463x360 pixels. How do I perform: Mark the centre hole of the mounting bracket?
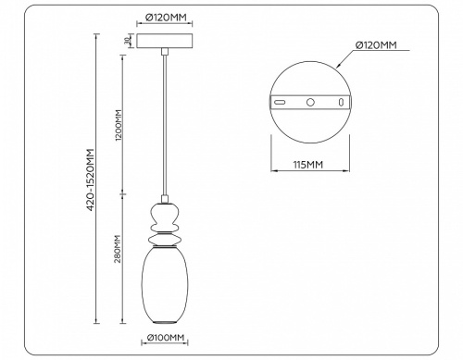pyautogui.click(x=310, y=101)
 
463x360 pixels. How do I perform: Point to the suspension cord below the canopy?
pyautogui.click(x=164, y=120)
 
